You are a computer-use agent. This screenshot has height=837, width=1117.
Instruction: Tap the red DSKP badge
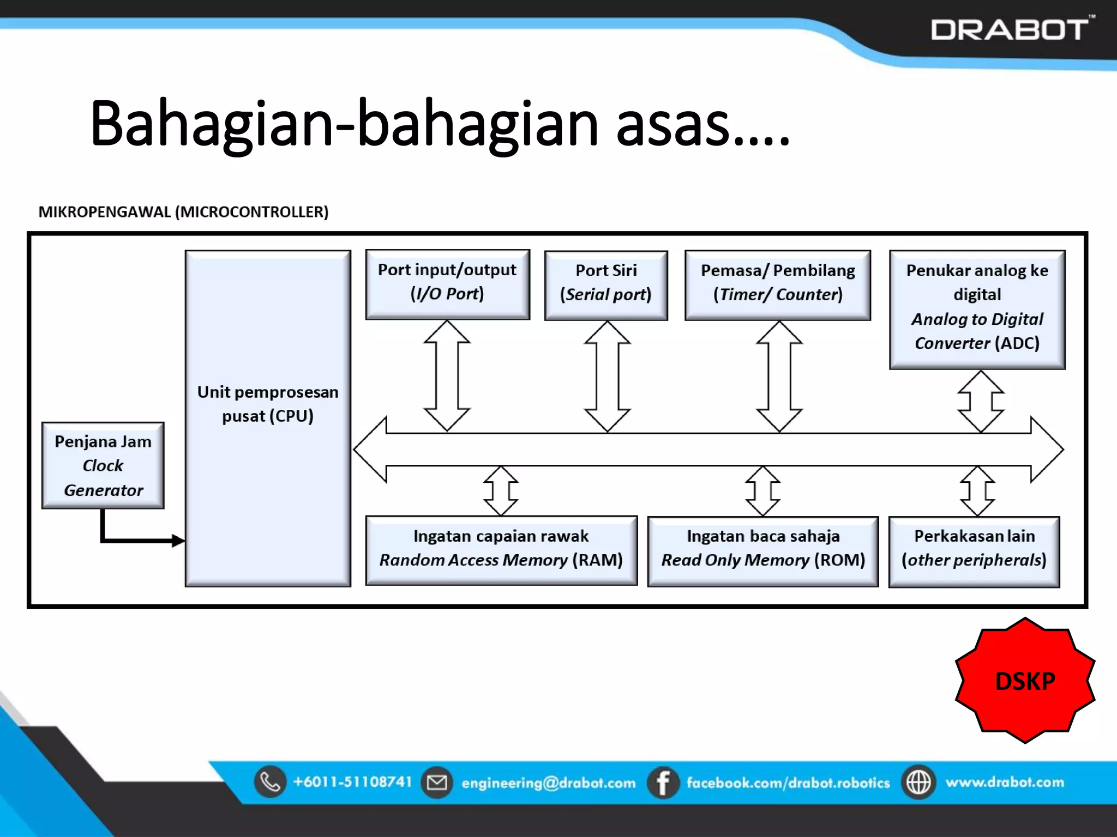tap(1025, 681)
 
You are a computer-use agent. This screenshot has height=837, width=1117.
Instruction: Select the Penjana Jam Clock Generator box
tap(103, 465)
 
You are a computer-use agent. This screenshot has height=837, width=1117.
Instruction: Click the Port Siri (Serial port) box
tap(606, 285)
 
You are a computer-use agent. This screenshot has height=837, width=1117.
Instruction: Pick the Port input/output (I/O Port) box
tap(447, 284)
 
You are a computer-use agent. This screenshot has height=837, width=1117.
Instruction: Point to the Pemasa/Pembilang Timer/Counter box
tap(778, 285)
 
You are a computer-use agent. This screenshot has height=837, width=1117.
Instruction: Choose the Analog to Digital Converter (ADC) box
tap(977, 309)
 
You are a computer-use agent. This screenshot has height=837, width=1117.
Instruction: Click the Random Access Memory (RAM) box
tap(501, 550)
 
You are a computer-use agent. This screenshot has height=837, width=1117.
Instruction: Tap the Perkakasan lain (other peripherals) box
tap(974, 551)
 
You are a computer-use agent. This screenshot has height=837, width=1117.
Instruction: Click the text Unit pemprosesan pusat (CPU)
tap(268, 404)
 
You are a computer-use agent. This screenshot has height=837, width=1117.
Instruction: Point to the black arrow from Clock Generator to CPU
tap(136, 539)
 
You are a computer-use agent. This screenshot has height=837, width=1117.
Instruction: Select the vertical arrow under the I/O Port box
tap(447, 376)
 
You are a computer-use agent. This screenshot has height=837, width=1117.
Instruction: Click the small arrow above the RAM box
tap(501, 490)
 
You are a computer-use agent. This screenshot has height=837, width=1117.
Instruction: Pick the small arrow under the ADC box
tap(981, 402)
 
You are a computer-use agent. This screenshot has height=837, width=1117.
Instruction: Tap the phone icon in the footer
tap(270, 782)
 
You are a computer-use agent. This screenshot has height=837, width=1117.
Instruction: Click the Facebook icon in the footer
tap(663, 783)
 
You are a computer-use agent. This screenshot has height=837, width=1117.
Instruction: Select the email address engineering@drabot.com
tap(548, 783)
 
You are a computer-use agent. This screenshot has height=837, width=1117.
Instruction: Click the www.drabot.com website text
tap(1005, 782)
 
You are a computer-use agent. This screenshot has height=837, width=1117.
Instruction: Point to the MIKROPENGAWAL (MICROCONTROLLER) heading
tap(183, 212)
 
